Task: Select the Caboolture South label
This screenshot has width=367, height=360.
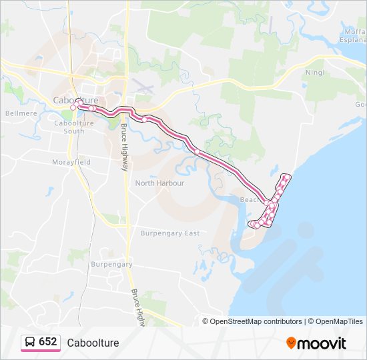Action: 69,127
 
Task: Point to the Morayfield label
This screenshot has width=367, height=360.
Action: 71,162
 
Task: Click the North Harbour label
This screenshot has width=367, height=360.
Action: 159,183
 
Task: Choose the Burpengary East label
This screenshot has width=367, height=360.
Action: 170,233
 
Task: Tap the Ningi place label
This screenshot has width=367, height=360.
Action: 314,72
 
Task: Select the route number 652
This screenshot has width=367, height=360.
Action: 48,342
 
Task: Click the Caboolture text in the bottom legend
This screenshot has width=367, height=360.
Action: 93,343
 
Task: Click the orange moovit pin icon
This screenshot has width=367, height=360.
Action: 291,343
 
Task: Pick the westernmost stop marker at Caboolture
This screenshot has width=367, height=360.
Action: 73,107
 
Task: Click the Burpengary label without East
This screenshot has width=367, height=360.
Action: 111,265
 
